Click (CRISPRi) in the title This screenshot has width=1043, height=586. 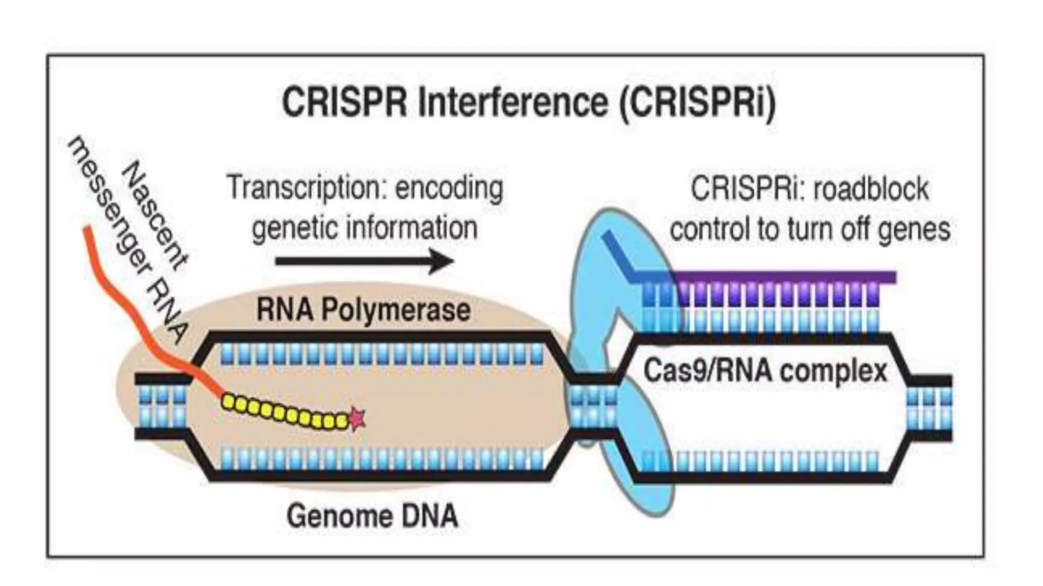tap(697, 103)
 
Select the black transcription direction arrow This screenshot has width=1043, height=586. tap(364, 261)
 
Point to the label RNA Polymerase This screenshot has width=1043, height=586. tap(363, 310)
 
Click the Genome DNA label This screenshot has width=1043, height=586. tap(372, 516)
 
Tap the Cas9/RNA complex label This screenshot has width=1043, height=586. tap(765, 370)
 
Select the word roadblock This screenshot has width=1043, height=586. tap(871, 189)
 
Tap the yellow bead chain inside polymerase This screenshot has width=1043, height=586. tap(285, 413)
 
